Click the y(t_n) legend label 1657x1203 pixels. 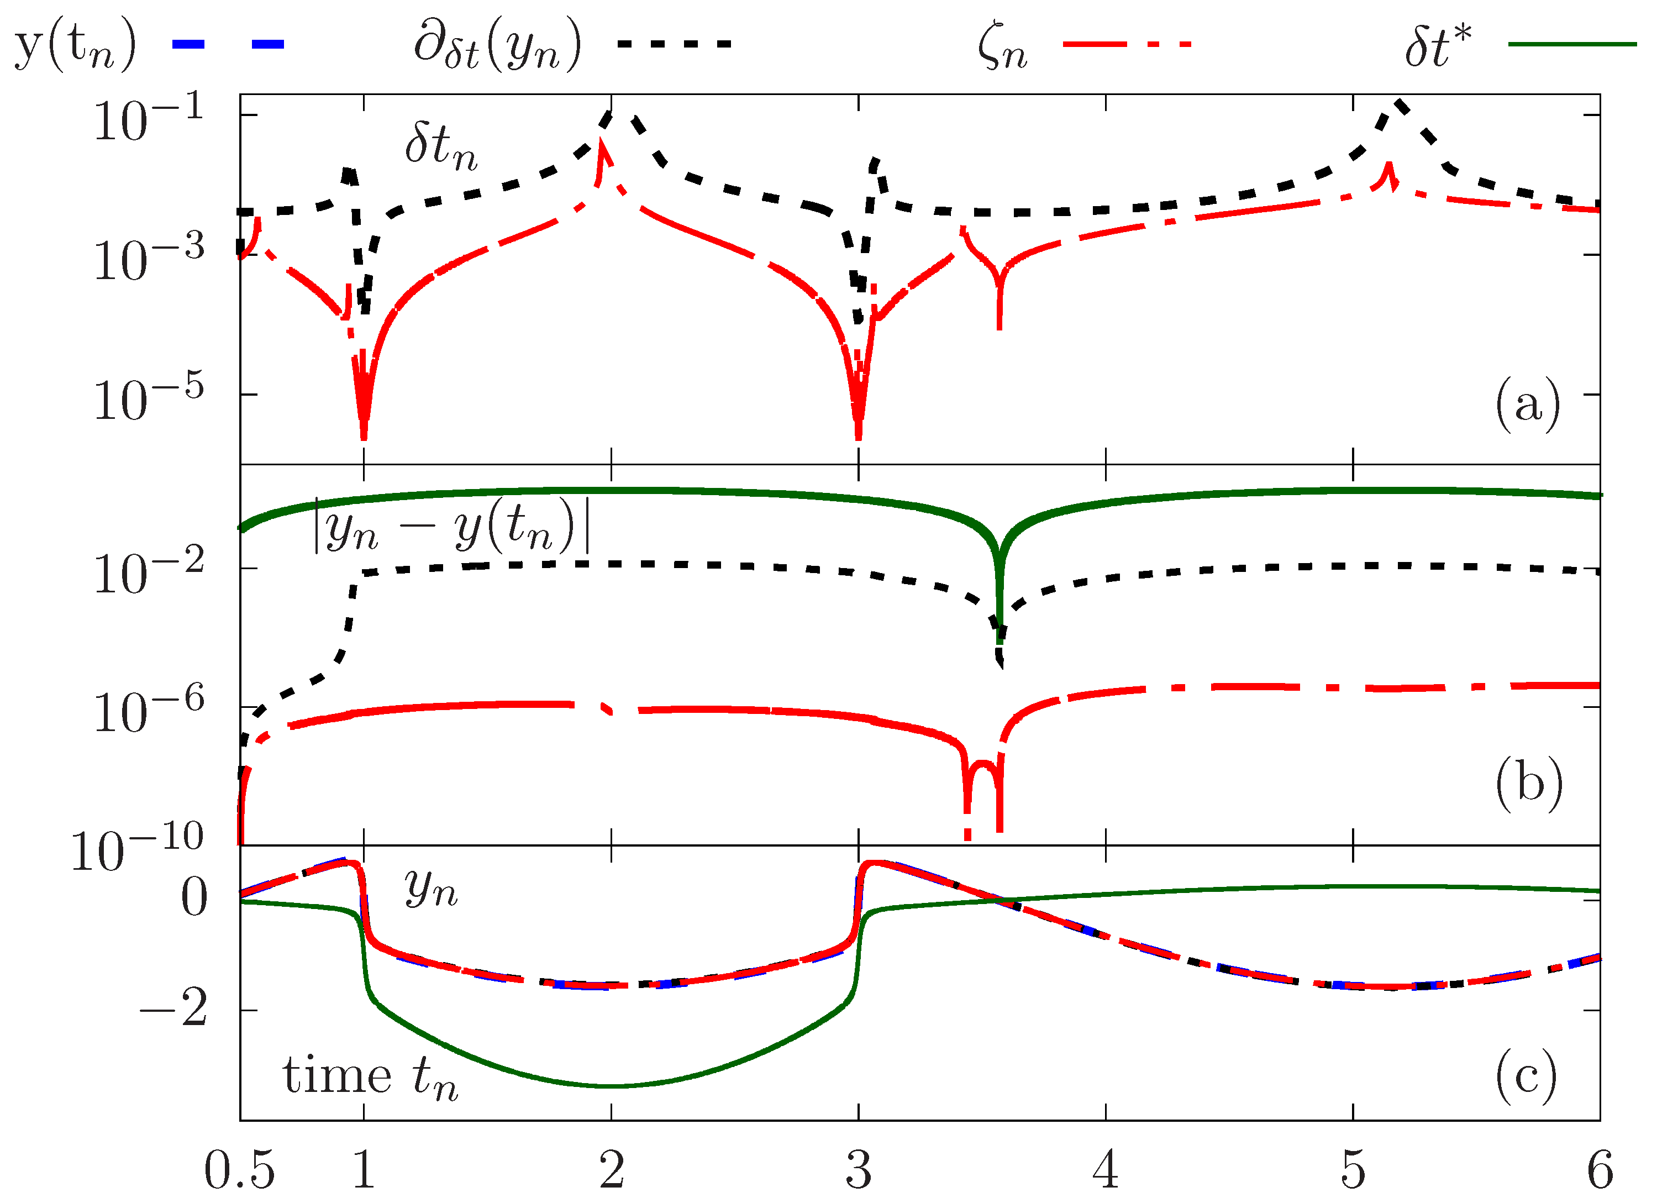click(x=75, y=45)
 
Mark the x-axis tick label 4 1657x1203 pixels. click(x=1104, y=1169)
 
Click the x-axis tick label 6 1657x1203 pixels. click(x=1598, y=1169)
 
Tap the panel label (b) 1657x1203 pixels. click(x=1528, y=783)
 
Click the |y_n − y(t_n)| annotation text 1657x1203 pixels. click(x=451, y=525)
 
